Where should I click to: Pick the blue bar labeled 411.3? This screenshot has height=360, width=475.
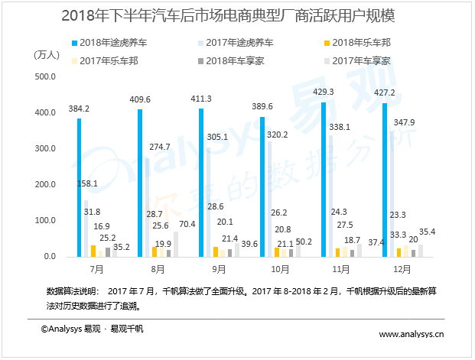tap(201, 183)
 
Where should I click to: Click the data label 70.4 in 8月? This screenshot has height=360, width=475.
tap(187, 225)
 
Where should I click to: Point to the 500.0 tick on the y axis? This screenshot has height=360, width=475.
tap(47, 76)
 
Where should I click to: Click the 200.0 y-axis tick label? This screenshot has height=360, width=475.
tap(47, 185)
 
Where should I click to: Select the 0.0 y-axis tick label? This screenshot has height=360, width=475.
tap(51, 257)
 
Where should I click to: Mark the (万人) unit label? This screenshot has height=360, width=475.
tap(47, 55)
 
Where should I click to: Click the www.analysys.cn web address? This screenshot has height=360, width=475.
tap(412, 334)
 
